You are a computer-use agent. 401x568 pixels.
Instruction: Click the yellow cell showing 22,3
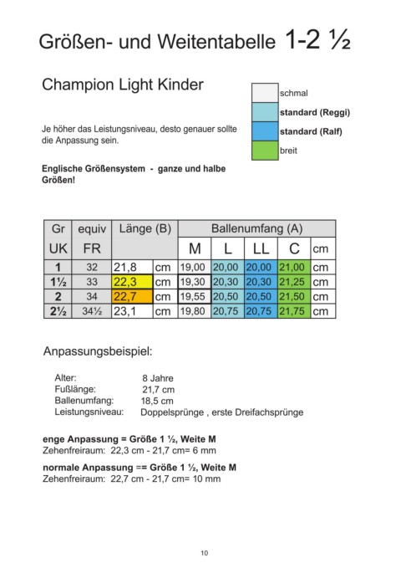point(130,282)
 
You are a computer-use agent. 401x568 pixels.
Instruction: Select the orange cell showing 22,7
point(130,296)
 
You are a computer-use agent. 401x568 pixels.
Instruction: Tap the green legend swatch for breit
point(265,151)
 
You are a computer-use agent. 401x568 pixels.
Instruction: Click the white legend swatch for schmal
point(265,93)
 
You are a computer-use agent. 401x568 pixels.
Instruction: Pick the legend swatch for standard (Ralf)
point(265,131)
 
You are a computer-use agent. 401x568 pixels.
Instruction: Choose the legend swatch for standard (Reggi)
point(265,112)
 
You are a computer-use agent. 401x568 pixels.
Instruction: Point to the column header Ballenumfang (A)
point(256,229)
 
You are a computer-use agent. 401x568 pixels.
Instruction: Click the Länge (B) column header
point(144,229)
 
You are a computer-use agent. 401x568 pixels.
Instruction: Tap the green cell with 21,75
point(292,310)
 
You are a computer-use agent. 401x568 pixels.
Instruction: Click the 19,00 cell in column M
point(193,268)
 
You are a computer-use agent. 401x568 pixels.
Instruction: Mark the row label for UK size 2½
point(58,310)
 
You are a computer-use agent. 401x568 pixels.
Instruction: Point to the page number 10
point(205,553)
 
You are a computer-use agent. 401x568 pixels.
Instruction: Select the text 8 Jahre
point(159,377)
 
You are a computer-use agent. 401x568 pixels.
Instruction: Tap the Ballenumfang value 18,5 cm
point(159,401)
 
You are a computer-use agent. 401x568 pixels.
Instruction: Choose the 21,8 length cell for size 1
point(130,268)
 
